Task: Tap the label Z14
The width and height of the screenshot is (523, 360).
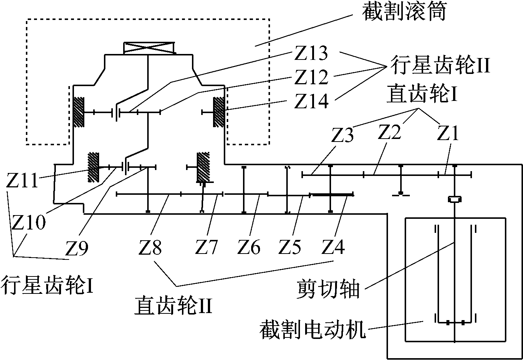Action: click(x=311, y=101)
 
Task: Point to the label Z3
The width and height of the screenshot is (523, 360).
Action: click(x=342, y=136)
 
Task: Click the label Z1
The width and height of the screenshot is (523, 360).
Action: click(x=448, y=133)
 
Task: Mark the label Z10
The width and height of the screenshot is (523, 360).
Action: click(x=28, y=222)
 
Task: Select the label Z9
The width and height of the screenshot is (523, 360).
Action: click(x=77, y=247)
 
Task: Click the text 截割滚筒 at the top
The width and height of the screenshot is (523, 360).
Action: click(x=404, y=12)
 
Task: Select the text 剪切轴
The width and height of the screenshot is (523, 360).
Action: click(x=328, y=289)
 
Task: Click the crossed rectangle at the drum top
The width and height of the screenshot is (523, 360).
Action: click(x=149, y=48)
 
